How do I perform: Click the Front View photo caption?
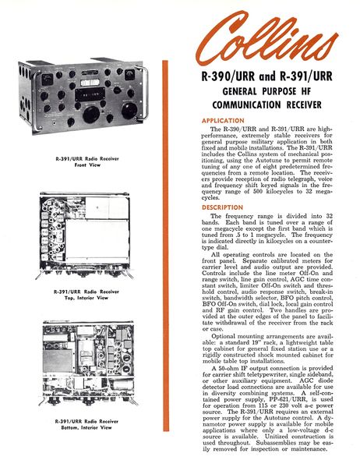coord(86,160)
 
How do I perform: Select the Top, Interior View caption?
coord(86,294)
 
